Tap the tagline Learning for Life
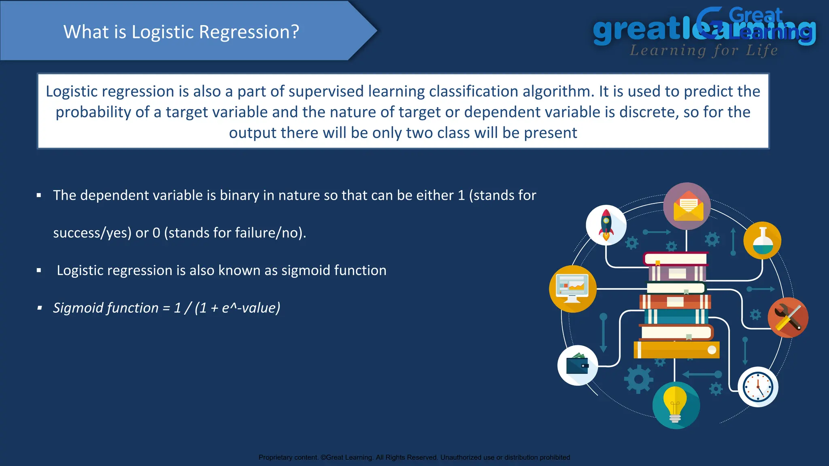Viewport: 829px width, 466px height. pyautogui.click(x=704, y=51)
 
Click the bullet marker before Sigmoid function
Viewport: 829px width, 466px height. pyautogui.click(x=39, y=308)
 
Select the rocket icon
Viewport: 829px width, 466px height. pyautogui.click(x=606, y=225)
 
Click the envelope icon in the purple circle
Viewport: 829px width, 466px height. pyautogui.click(x=687, y=206)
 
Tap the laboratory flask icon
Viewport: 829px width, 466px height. pyautogui.click(x=762, y=241)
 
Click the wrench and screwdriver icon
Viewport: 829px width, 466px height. pyautogui.click(x=788, y=318)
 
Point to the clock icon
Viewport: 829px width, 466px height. pyautogui.click(x=758, y=387)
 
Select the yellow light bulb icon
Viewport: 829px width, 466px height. pyautogui.click(x=676, y=405)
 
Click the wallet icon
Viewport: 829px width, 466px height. pyautogui.click(x=577, y=365)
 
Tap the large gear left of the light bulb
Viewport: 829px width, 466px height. pyautogui.click(x=638, y=379)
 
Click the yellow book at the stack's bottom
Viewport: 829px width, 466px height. pyautogui.click(x=676, y=350)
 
